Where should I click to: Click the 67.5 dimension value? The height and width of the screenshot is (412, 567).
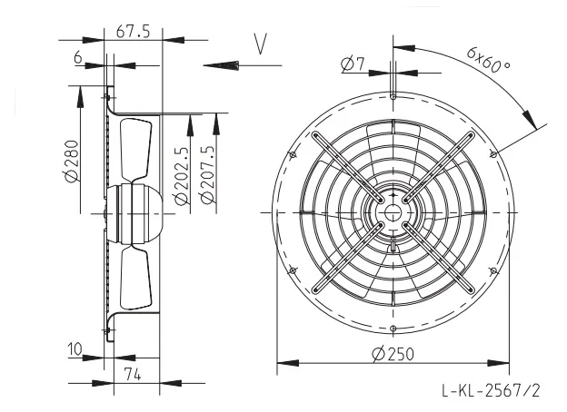pos(133,32)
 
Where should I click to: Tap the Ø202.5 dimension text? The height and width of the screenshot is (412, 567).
pos(182,176)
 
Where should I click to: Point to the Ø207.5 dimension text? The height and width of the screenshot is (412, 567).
pos(207,175)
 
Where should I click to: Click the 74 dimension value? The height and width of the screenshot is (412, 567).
pos(133,375)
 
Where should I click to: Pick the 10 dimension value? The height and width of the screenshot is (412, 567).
pos(75,349)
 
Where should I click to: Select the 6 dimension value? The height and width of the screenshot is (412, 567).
pos(78,57)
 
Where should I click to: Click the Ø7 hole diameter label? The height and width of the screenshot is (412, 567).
pos(353,64)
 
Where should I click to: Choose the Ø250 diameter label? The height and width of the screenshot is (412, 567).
pos(393,354)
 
